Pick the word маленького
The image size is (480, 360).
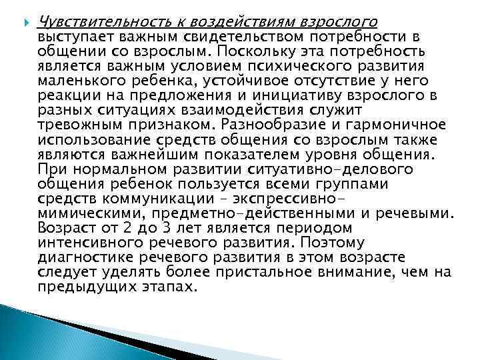[79, 81]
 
